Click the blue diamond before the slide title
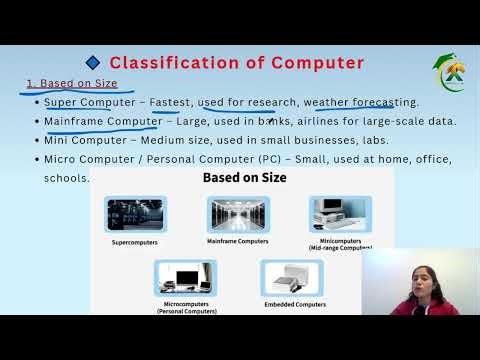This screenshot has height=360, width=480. [94, 63]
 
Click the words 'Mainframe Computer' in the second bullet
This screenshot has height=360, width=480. [103, 121]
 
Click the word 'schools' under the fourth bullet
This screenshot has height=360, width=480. [65, 178]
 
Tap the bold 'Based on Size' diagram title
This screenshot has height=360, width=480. [245, 178]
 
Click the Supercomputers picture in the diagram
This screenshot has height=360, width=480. [135, 214]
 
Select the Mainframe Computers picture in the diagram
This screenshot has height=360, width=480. [238, 214]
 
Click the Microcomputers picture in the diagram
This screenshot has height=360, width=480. [186, 277]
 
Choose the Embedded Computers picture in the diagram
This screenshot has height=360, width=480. [291, 277]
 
